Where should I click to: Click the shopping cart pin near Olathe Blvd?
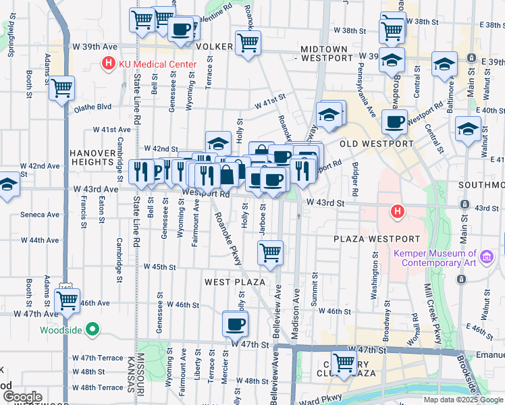62,87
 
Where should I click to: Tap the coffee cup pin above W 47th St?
235,323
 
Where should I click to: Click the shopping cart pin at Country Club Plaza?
344,362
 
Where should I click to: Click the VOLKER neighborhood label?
214,47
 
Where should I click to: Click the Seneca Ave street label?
41,215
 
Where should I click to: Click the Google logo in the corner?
22,397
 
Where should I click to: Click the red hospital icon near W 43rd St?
398,212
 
